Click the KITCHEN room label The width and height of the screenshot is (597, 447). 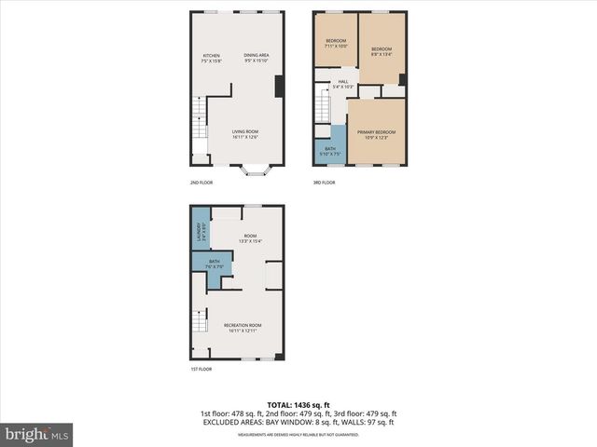(x=212, y=58)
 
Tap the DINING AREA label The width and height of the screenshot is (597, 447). (x=257, y=58)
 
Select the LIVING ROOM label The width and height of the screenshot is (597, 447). (x=245, y=134)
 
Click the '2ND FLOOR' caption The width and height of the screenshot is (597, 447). (x=201, y=183)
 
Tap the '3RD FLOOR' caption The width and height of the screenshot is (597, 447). (x=324, y=183)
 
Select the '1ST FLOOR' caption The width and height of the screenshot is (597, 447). (x=200, y=370)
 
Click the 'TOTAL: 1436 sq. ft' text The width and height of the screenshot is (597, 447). (x=298, y=405)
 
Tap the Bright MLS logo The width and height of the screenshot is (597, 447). (x=37, y=433)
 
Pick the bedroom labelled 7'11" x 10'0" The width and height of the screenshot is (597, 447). (x=336, y=43)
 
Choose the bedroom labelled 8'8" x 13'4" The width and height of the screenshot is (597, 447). (x=382, y=51)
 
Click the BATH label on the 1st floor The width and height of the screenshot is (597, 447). (x=215, y=264)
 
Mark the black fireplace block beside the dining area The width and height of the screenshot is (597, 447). (x=279, y=87)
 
